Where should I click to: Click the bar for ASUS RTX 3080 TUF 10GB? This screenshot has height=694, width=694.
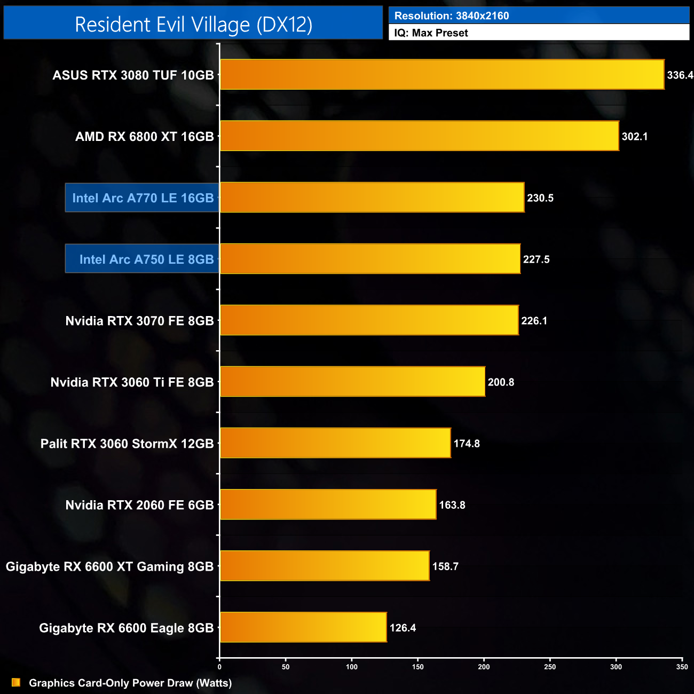tap(442, 74)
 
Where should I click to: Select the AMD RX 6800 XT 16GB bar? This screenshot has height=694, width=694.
tap(420, 136)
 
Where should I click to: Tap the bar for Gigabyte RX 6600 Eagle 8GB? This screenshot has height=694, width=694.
tap(303, 627)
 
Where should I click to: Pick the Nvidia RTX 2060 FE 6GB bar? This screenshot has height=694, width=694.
tap(328, 504)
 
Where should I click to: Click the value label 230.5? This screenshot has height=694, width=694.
tap(540, 198)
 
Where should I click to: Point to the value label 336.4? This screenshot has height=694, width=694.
tap(680, 75)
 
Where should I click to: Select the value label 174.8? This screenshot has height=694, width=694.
tap(467, 444)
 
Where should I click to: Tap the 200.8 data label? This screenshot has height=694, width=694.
tap(501, 382)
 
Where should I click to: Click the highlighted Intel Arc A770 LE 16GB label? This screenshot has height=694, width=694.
tap(143, 198)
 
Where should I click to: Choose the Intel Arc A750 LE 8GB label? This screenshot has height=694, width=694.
tap(146, 259)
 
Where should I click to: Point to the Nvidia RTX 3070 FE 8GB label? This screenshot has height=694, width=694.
tap(139, 321)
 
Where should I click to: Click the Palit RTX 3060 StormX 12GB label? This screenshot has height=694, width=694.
tap(127, 444)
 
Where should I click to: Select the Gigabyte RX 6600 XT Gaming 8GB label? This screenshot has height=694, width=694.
tap(109, 566)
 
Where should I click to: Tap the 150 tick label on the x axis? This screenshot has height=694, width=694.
tap(418, 667)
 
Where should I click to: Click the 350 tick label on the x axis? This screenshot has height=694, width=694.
tap(682, 667)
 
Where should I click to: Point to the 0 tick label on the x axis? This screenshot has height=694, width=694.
tap(219, 667)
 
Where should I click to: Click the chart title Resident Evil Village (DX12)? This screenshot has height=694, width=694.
tap(193, 25)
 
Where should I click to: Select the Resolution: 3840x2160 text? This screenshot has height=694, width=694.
tap(452, 16)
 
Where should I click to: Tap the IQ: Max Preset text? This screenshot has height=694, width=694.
tap(431, 33)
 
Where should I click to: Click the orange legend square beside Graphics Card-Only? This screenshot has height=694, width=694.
tap(16, 683)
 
